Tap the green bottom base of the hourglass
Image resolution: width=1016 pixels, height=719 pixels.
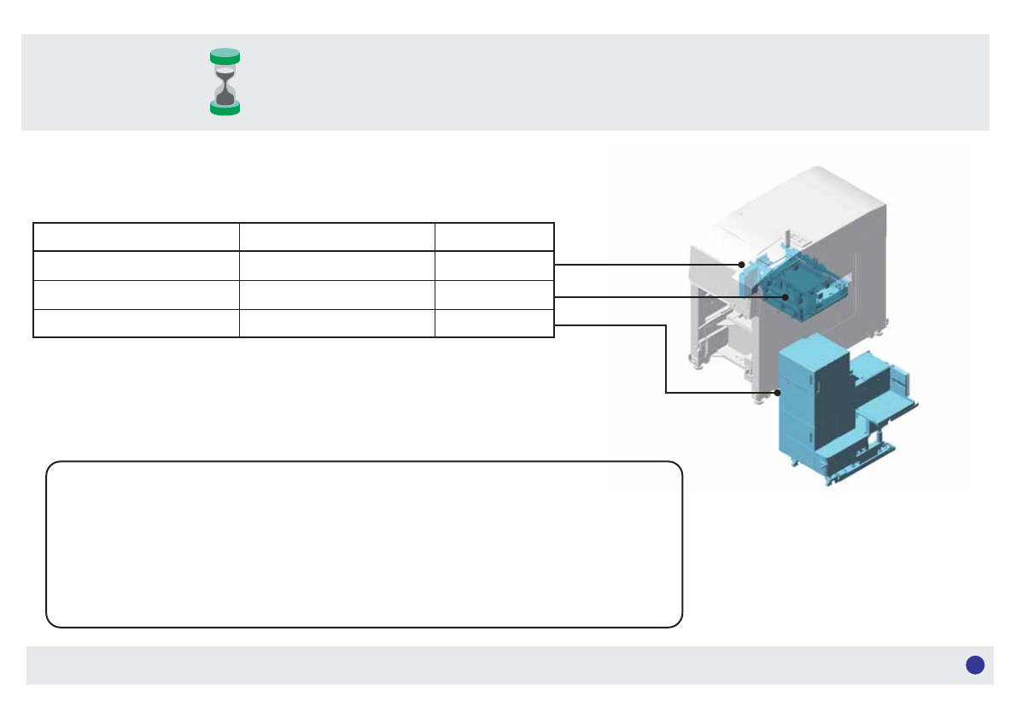225,108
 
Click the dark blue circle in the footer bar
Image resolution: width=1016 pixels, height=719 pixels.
975,665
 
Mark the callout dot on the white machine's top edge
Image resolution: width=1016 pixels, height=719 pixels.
742,265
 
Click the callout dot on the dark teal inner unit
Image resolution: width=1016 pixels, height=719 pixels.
785,296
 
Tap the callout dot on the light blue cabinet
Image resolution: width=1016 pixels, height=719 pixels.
779,393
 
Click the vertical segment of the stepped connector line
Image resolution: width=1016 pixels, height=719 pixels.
666,359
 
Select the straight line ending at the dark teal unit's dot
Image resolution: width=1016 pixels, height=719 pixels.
666,296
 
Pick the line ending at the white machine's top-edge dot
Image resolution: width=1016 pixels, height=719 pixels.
649,265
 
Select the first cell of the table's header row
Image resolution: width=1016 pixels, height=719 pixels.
136,237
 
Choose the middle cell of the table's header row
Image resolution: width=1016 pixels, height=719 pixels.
336,237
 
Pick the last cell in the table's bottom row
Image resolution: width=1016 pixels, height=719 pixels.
494,324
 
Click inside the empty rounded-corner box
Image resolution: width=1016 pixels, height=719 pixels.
364,544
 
